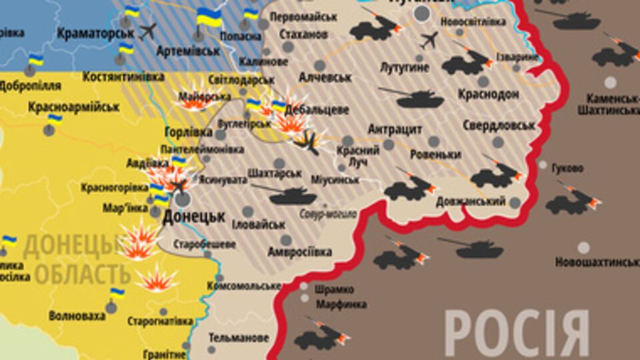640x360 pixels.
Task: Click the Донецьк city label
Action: tap(194, 217)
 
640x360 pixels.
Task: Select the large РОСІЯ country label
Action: tap(517, 333)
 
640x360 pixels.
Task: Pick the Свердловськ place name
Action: tap(499, 125)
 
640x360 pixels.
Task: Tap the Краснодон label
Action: tap(488, 95)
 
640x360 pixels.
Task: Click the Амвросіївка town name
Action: tap(299, 252)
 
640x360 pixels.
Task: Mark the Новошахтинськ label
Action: tap(596, 263)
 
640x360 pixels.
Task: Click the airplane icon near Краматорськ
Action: tap(148, 31)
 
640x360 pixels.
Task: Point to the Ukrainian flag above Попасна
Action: tap(209, 17)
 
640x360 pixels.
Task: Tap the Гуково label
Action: tap(567, 168)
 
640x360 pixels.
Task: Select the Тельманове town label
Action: tap(239, 337)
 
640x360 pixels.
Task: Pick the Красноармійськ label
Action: tap(74, 107)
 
